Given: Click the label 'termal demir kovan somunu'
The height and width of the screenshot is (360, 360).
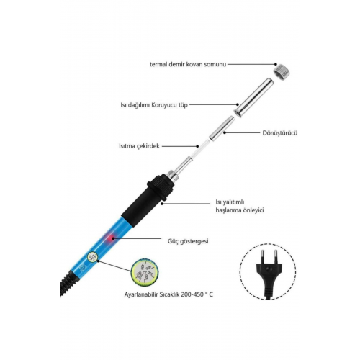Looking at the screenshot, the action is click(x=188, y=64).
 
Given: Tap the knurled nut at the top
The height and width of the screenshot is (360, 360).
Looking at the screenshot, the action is click(x=282, y=72).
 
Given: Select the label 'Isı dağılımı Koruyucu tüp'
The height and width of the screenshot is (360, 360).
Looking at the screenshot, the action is click(x=154, y=105).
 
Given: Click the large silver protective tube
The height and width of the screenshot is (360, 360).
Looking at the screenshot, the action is click(x=254, y=98).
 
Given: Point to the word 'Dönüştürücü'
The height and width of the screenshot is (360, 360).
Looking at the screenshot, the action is click(x=280, y=133).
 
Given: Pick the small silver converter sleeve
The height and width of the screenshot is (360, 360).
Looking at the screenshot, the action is click(x=222, y=128).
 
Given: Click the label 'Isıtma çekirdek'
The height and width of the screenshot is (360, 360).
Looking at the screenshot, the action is click(x=139, y=146).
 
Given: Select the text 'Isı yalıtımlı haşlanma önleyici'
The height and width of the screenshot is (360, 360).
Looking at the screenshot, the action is click(x=240, y=207).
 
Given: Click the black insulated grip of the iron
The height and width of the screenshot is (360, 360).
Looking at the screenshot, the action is click(x=148, y=199).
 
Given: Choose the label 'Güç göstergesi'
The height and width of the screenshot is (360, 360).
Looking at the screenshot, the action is click(x=188, y=241).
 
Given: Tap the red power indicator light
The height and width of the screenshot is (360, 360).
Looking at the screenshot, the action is click(x=111, y=238).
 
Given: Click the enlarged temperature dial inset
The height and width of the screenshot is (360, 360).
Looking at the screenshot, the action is click(x=145, y=273).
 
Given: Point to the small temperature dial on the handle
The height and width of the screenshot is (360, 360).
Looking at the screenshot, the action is click(x=93, y=258).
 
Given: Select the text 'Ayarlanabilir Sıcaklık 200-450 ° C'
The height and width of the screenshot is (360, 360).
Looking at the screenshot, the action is click(x=168, y=294).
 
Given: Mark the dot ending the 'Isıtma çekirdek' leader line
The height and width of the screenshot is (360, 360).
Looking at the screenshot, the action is click(x=197, y=146).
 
